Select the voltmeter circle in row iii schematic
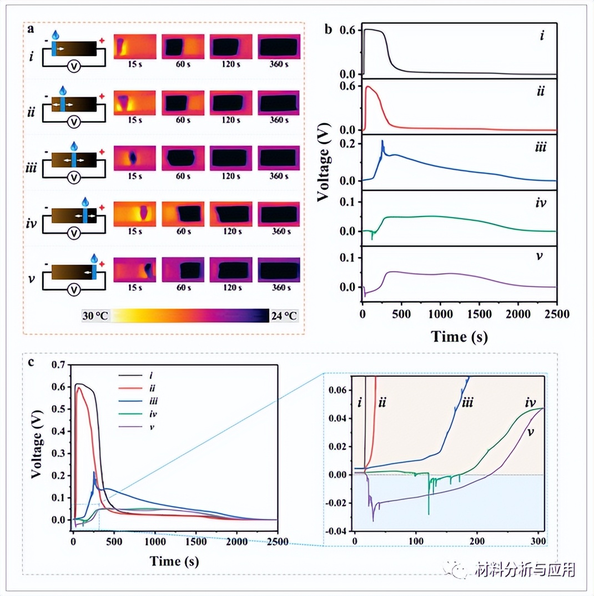(73, 178)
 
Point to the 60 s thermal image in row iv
(183, 214)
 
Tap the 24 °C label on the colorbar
(283, 315)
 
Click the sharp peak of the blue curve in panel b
(382, 142)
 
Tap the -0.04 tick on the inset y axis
(340, 531)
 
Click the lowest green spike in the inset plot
(429, 514)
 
